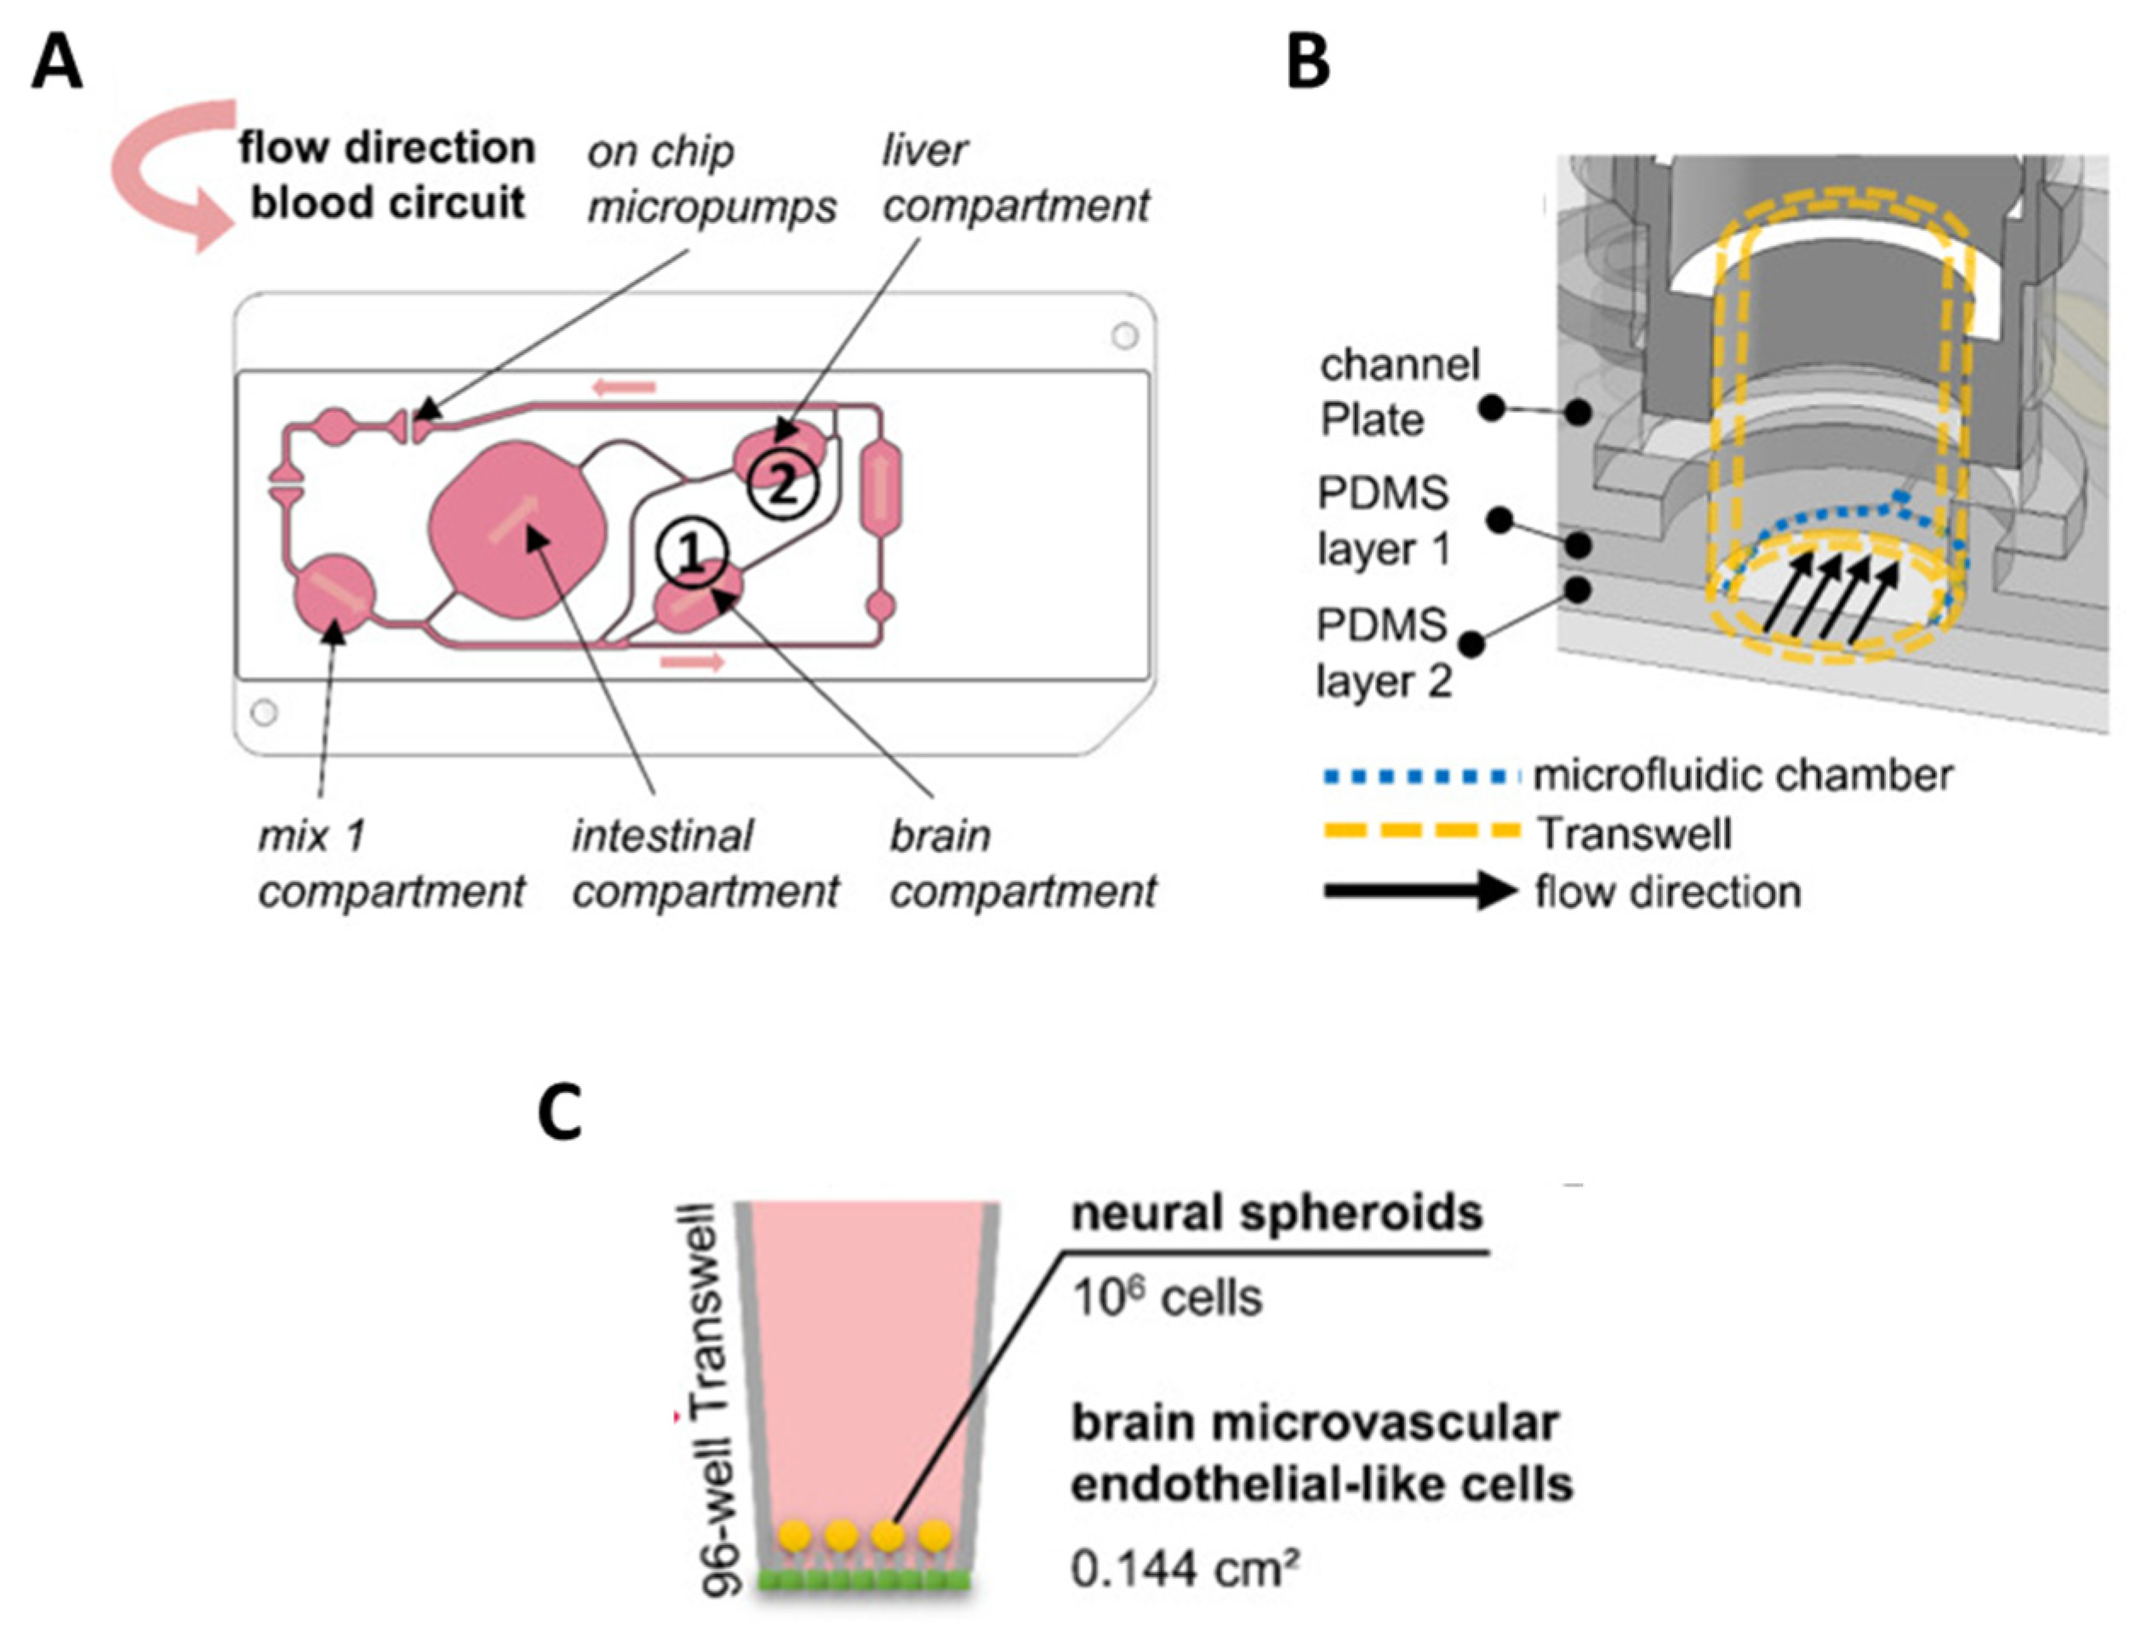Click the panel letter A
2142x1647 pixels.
point(57,66)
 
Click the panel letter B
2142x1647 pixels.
point(1307,63)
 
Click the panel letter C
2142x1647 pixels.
point(561,1115)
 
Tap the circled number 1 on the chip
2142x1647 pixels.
point(692,554)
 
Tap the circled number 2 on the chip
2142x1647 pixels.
point(781,485)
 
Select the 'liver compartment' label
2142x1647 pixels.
point(1014,179)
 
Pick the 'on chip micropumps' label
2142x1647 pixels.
point(711,179)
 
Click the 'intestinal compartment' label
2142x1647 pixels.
point(705,864)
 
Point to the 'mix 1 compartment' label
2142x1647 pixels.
point(390,864)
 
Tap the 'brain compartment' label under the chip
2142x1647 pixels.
point(1022,864)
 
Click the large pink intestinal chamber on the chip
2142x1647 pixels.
point(517,529)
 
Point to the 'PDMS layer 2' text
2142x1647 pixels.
point(1382,653)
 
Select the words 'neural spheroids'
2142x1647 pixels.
point(1277,1214)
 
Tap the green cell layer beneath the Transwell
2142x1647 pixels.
point(864,1581)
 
